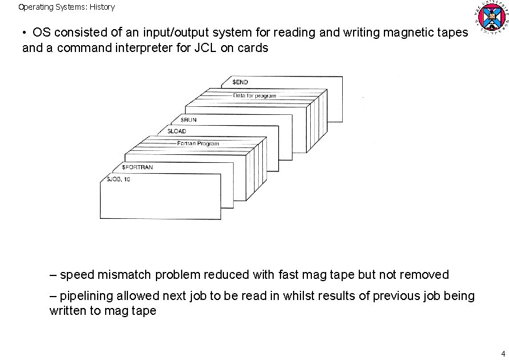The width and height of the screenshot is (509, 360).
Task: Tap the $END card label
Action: tap(240, 82)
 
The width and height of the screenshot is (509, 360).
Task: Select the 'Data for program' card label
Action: tap(254, 95)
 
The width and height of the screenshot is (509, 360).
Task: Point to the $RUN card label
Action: tap(190, 120)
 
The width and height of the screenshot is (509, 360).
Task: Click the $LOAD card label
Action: tap(177, 131)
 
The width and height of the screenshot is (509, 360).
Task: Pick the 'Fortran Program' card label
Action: tap(198, 143)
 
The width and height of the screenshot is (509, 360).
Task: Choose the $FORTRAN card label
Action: tap(137, 167)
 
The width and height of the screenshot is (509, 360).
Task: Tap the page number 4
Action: tap(503, 353)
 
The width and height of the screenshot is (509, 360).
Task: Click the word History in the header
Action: tap(102, 7)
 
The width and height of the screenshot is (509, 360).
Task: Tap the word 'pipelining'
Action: tap(87, 296)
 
